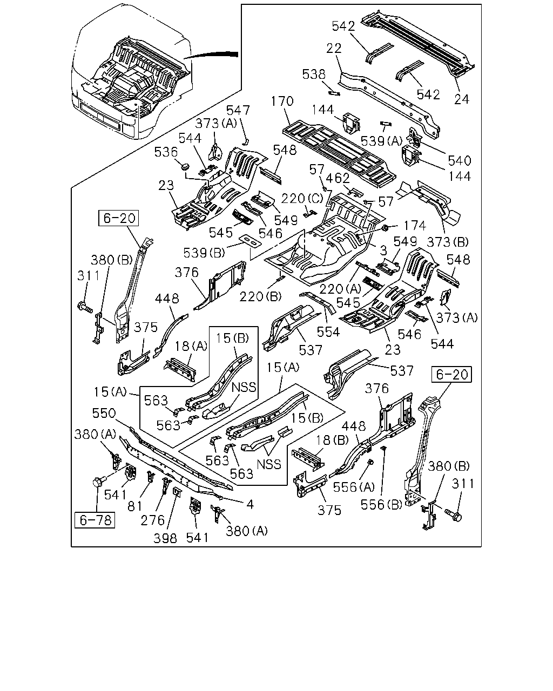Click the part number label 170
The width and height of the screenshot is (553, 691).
[282, 101]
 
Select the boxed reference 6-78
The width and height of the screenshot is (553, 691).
[95, 520]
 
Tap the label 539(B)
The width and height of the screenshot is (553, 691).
[204, 253]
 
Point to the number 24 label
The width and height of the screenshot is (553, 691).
[462, 99]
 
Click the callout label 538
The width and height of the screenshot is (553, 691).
[314, 74]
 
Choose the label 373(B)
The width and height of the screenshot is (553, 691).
[448, 242]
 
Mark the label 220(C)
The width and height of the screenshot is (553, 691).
[302, 199]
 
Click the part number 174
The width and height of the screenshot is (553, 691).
[415, 226]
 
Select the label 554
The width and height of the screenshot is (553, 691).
[328, 331]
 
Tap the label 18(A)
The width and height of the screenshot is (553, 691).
[191, 346]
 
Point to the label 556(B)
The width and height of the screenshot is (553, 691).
[381, 505]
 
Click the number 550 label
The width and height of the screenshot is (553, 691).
[104, 413]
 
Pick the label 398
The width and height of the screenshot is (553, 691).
[165, 538]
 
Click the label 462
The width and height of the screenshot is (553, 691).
[338, 179]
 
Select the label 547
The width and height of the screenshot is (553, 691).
[238, 110]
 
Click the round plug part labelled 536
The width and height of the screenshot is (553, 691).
[185, 166]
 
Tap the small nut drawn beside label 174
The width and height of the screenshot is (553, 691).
[385, 228]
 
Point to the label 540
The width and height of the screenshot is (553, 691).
[460, 160]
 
